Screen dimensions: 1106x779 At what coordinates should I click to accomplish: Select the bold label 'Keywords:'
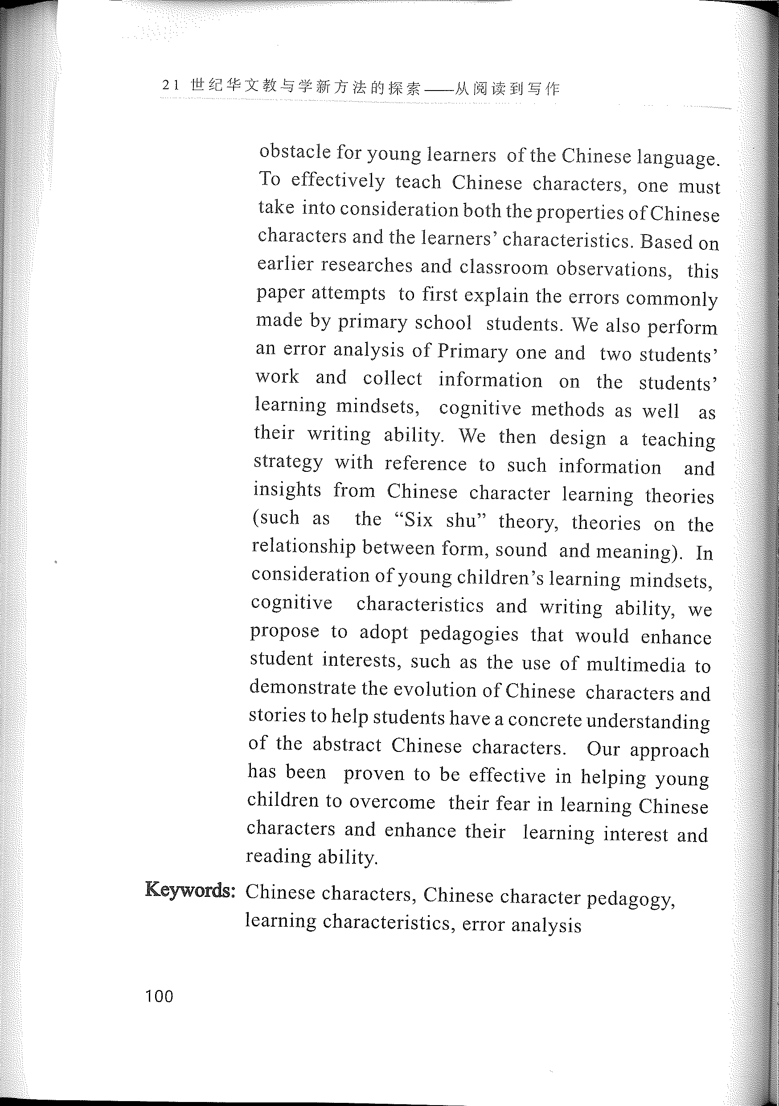(190, 890)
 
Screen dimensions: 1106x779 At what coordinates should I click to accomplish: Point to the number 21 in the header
(172, 85)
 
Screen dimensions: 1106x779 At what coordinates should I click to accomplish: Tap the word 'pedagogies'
(469, 635)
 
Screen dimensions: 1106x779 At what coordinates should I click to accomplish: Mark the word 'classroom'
(504, 267)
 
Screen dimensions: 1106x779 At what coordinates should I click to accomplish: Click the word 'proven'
(373, 774)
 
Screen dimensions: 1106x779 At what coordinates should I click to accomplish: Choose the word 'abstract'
(347, 745)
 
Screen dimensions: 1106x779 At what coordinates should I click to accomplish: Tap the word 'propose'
(284, 631)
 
